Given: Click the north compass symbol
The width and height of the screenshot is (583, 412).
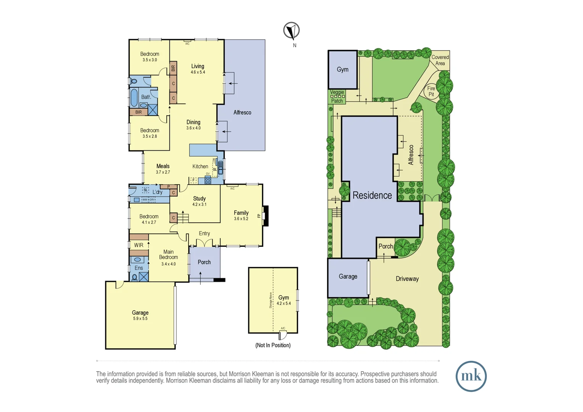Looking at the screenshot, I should pos(291,31).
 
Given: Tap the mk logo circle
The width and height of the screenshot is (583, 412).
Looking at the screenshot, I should pos(471,376).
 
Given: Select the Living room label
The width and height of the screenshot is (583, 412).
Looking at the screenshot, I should pos(198,66).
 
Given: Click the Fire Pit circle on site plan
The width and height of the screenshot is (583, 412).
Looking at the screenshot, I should pos(431,92).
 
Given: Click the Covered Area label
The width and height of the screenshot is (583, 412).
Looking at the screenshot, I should pos(440,60).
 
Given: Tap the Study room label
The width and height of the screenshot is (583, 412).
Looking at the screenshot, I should pos(199,199).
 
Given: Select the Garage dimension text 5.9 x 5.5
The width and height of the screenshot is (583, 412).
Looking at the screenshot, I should pos(140,319).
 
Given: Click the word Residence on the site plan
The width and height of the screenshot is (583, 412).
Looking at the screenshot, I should pos(372,195).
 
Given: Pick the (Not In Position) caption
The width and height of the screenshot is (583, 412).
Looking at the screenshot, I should pos(273,345).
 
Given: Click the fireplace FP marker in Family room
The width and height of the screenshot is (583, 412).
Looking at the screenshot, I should pos(259,216).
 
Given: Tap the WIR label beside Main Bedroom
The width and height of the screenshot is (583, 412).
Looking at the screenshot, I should pos(139,245).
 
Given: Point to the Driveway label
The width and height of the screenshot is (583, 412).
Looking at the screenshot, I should pos(407,279).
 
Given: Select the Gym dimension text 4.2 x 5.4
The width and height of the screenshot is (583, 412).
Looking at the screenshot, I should pos(283,304).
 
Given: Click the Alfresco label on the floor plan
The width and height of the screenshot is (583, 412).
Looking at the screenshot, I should pos(242,113).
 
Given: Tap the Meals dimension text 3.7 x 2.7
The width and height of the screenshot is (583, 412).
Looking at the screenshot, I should pos(163,172).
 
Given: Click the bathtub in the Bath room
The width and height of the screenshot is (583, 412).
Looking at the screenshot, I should pos(134,98).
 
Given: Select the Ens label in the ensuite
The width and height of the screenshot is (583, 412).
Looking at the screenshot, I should pos(139,268).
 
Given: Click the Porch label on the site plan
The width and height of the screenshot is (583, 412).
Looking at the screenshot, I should pos(385,246).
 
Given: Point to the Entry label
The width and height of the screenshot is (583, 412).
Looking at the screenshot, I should pos(204,233).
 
